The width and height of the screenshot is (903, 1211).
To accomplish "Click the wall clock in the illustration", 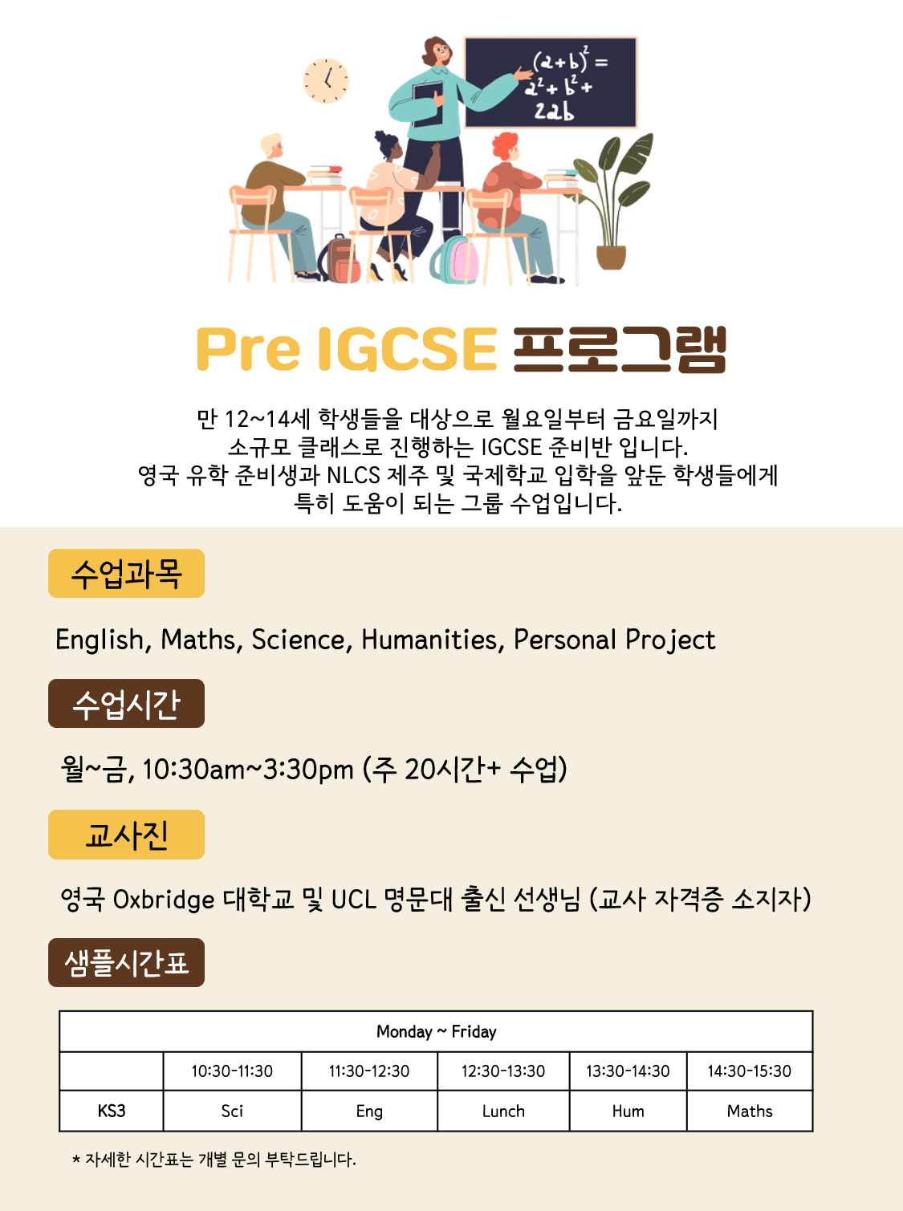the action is point(326,80).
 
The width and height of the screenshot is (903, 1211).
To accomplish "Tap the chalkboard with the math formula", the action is point(551,83).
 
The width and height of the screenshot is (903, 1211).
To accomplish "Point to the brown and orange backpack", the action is point(340,258).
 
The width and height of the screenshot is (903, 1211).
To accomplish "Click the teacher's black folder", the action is point(428,104).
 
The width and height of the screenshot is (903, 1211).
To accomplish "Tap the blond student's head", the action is point(272,145).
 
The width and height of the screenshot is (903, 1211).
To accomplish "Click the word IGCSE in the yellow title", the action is point(407,348).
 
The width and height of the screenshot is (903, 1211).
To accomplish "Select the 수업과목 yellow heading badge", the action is point(126,573).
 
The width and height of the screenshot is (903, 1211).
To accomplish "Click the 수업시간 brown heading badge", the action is point(126,704).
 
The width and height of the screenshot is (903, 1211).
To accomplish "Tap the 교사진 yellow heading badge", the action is point(126,835).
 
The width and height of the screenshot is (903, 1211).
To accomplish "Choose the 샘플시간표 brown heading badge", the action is point(126,963).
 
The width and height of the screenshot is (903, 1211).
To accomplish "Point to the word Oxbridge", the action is point(164,900).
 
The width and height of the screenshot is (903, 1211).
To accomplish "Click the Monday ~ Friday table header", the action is point(437,1032).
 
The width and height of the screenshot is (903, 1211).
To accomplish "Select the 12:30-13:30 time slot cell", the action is point(503,1071).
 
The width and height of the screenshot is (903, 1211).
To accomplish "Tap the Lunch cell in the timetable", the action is point(503,1111).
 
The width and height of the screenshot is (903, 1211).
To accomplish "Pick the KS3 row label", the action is point(112,1111).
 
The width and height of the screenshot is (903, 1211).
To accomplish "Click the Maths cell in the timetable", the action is point(750,1111).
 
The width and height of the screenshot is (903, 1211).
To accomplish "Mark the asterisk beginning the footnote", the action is point(76,1159).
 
